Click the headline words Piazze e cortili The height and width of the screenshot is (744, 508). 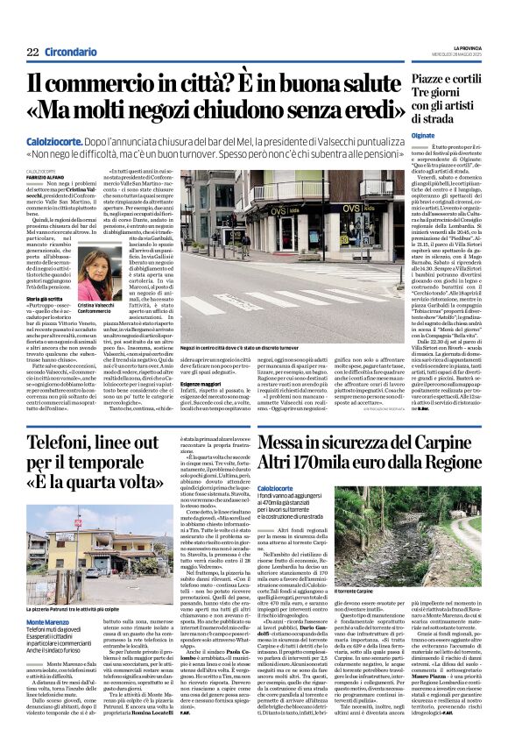(439, 80)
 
